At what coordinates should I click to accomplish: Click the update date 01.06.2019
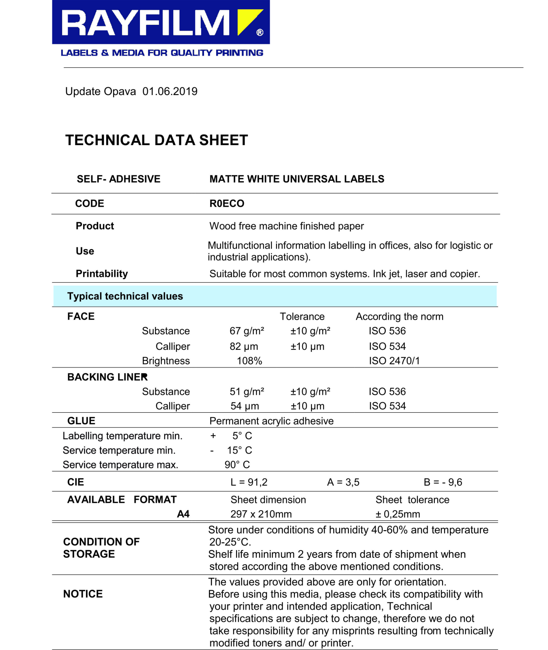click(170, 91)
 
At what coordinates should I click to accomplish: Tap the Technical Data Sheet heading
click(157, 140)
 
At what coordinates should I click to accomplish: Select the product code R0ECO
click(227, 204)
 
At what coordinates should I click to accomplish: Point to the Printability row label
click(102, 274)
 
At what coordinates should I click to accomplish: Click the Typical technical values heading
click(125, 296)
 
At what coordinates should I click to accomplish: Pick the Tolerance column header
click(302, 316)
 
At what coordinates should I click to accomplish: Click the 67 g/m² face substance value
click(247, 331)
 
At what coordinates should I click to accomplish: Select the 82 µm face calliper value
click(244, 347)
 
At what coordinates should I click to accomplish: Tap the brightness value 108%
click(249, 361)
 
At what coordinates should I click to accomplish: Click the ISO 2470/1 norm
click(394, 361)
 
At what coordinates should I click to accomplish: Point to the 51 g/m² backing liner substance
click(247, 392)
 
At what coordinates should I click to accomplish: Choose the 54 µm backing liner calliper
click(244, 406)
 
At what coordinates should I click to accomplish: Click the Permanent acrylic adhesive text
click(271, 421)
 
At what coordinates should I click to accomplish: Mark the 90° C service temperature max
click(237, 465)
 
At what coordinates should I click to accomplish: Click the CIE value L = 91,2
click(249, 482)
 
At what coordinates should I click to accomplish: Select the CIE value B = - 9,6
click(443, 482)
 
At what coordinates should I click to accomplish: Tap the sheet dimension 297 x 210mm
click(261, 514)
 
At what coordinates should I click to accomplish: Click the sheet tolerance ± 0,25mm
click(398, 514)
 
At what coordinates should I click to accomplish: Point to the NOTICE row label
click(83, 594)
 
